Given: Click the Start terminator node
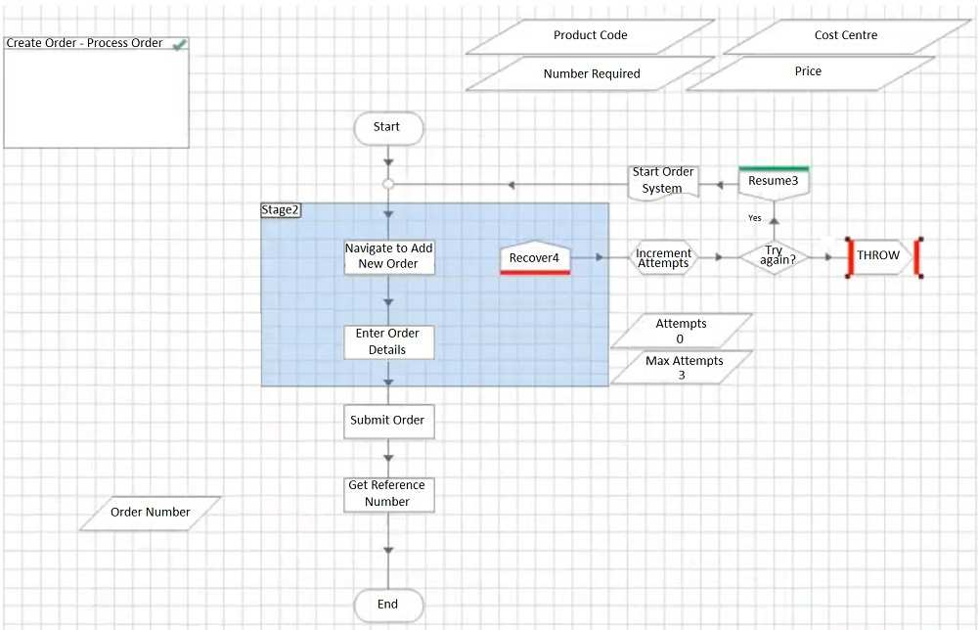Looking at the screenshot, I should point(388,127).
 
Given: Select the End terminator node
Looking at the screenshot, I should point(388,605).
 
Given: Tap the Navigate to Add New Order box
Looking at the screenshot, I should point(388,256).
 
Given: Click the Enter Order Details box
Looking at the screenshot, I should point(388,341).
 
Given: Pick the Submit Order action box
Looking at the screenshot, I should point(388,421).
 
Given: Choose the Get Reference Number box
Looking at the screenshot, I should point(388,494).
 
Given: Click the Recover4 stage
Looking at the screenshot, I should point(534,257).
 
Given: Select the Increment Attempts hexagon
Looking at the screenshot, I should point(664,257).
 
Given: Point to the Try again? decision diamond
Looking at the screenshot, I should point(775,257).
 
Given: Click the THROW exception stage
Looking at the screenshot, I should point(879,256).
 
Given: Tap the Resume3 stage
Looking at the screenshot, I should point(775,181).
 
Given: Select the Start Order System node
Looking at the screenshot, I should point(662,181).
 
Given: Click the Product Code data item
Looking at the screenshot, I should point(591,36).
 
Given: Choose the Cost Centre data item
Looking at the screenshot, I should point(846,36).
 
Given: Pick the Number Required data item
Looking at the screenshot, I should point(591,74).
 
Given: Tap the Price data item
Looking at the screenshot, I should point(809,72).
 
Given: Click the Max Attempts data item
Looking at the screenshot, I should point(682,368).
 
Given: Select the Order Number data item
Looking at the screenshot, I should point(150,513).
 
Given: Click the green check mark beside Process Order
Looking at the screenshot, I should point(179,45).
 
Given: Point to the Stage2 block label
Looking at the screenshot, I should point(280,210).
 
